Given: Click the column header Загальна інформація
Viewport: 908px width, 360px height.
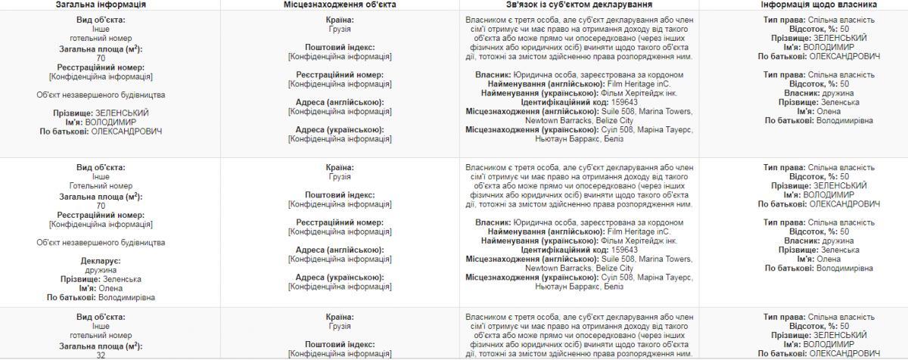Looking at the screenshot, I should click(101, 5).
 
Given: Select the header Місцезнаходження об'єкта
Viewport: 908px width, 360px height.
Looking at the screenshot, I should click(339, 5).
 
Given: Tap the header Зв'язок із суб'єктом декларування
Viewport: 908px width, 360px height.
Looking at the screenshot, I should click(580, 5).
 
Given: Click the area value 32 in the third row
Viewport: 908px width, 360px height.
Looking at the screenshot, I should click(101, 355).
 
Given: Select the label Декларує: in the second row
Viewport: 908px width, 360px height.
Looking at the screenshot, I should click(101, 261).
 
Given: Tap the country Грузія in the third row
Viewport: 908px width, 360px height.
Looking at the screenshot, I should click(339, 326).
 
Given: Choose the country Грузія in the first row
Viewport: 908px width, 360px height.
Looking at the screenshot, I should click(339, 29).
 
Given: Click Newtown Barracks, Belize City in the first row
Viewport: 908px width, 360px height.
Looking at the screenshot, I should click(579, 120).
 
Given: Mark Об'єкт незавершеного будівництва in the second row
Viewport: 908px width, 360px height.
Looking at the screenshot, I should click(101, 243).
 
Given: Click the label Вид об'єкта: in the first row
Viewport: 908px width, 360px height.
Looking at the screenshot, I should click(101, 20).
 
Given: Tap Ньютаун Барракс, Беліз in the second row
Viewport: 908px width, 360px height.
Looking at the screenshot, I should click(579, 287).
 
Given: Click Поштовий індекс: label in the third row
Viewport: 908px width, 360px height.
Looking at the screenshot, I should click(339, 344).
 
